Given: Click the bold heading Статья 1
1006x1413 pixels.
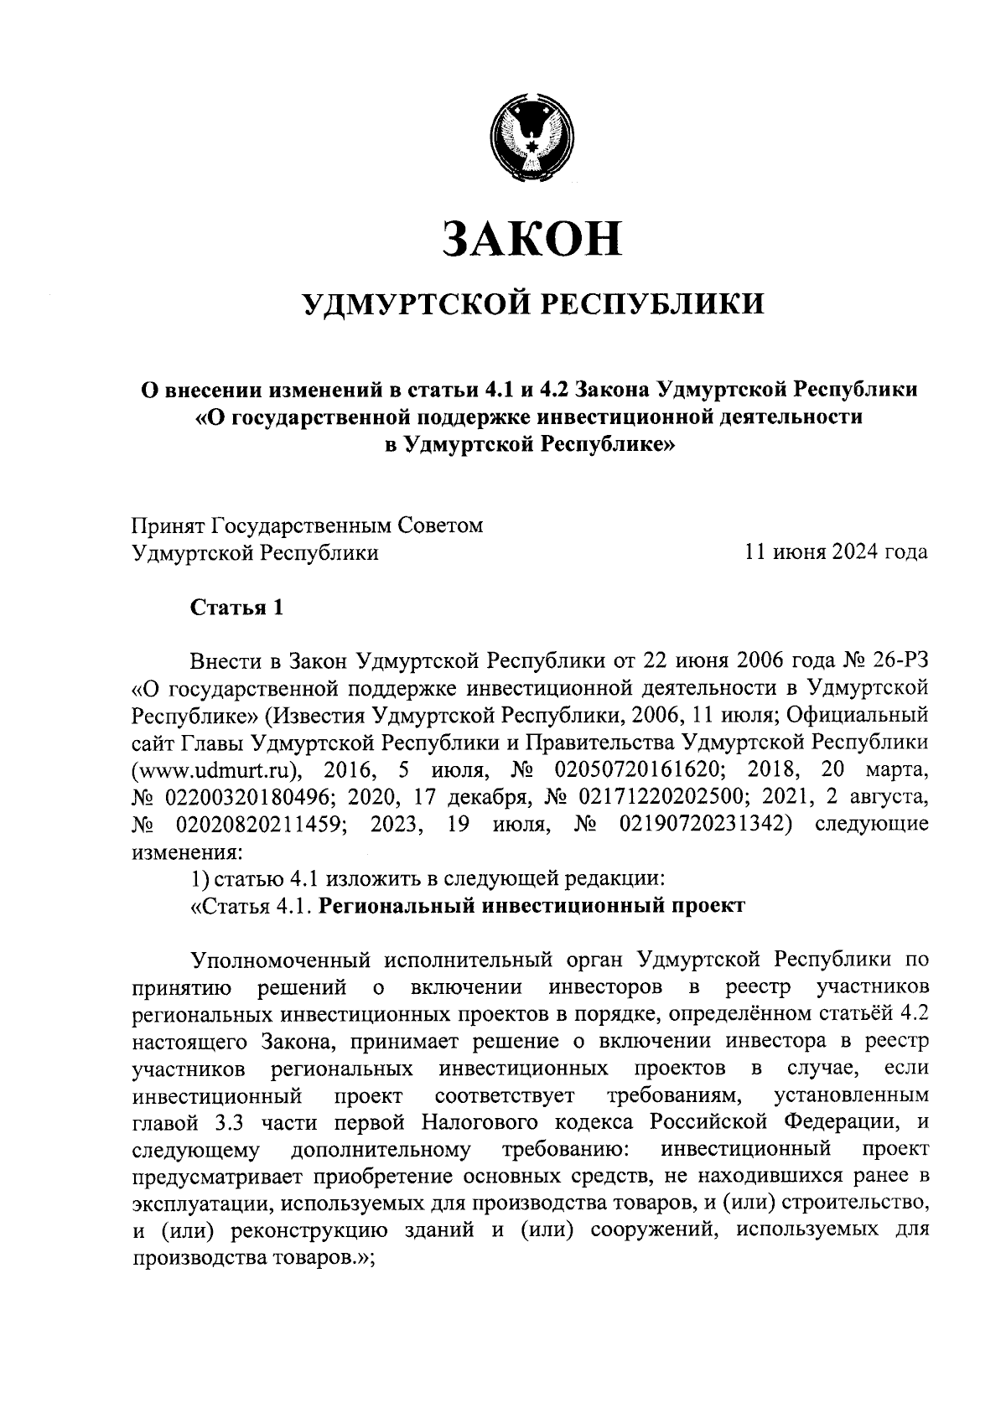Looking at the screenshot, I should [237, 607].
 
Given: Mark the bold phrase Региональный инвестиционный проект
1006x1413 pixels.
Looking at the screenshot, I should [532, 906].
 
